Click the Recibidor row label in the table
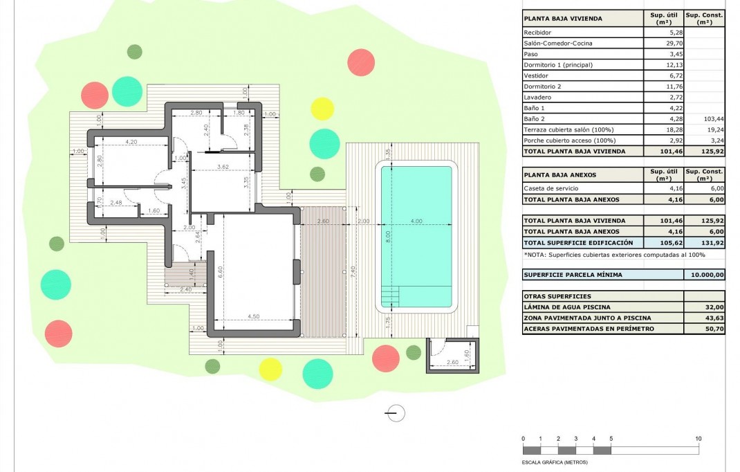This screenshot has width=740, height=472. point(539,33)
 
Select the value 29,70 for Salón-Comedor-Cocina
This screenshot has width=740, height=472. point(663,43)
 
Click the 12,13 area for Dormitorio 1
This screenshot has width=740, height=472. point(663,65)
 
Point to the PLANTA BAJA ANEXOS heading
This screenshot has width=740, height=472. point(559,175)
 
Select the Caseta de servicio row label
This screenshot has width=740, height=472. point(551,188)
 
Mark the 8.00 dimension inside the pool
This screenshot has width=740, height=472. point(389,235)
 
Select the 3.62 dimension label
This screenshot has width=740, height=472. point(222,167)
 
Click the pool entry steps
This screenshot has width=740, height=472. point(391,297)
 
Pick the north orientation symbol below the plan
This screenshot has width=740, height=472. point(396,414)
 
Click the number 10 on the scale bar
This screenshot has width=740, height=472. point(699,439)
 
